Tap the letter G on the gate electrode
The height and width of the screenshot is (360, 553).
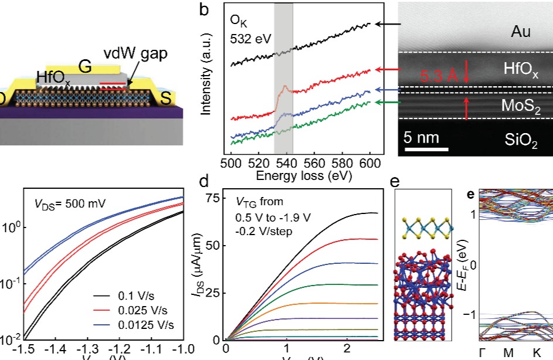click(x=86, y=66)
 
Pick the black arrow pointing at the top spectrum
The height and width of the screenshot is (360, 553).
click(x=386, y=24)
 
